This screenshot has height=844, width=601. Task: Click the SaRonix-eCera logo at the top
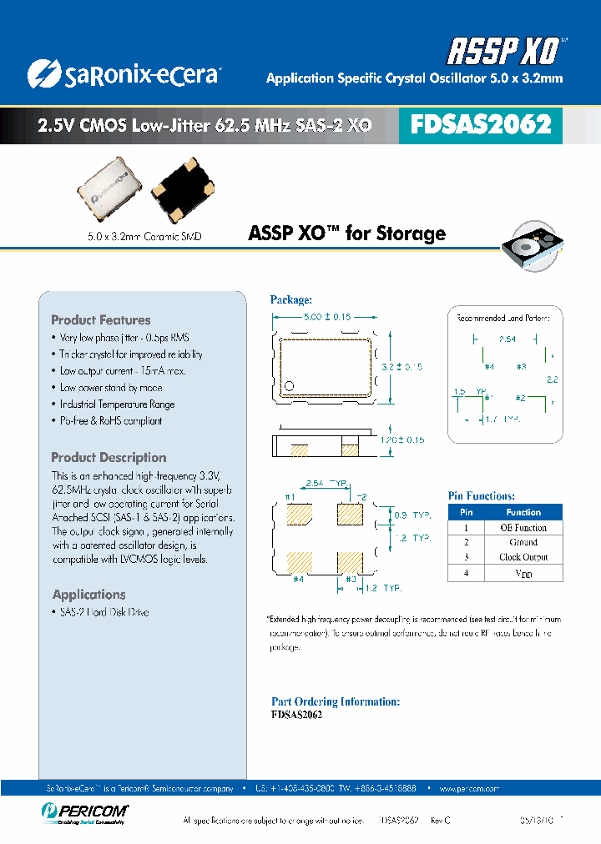pyautogui.click(x=124, y=74)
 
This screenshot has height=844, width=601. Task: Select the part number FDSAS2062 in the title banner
pyautogui.click(x=481, y=125)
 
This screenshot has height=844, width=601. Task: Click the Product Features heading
pyautogui.click(x=101, y=320)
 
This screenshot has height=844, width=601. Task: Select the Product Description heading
pyautogui.click(x=109, y=457)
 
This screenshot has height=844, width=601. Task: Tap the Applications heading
pyautogui.click(x=89, y=595)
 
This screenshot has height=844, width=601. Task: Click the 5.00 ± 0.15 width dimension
pyautogui.click(x=326, y=317)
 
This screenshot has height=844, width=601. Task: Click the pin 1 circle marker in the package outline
pyautogui.click(x=290, y=385)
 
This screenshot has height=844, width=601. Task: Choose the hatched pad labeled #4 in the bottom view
pyautogui.click(x=299, y=561)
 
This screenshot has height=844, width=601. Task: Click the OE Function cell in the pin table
pyautogui.click(x=523, y=528)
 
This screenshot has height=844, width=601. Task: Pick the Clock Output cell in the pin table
pyautogui.click(x=523, y=557)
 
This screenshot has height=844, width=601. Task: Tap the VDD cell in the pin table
pyautogui.click(x=523, y=574)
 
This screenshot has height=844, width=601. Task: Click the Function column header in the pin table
pyautogui.click(x=523, y=512)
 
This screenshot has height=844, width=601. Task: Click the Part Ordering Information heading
pyautogui.click(x=336, y=701)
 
